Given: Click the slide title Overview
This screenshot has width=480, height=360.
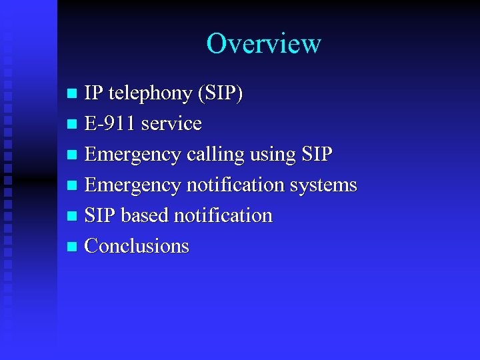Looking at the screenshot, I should tap(263, 44).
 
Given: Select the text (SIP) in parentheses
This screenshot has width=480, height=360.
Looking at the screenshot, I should tap(220, 94).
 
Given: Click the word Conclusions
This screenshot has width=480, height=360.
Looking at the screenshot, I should tap(137, 247).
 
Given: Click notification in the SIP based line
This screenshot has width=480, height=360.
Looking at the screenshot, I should tap(223, 216).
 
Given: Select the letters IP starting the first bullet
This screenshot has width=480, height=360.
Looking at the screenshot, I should tap(93, 94).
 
